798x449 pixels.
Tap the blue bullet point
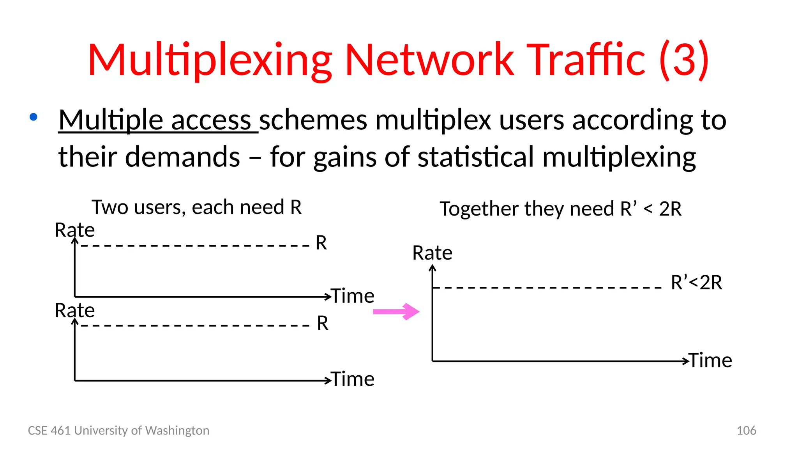point(34,117)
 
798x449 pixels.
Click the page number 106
point(746,430)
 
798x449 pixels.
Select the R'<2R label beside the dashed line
point(696,282)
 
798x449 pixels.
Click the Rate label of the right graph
point(432,253)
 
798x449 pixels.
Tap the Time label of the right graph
point(711,360)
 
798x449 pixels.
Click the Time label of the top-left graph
point(353,296)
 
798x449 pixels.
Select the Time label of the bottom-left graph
point(353,379)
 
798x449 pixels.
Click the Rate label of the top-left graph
point(74,230)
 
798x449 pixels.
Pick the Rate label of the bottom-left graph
point(74,311)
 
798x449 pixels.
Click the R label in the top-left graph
point(321,243)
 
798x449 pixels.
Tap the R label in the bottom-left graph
point(323,323)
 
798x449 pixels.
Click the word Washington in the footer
point(177,430)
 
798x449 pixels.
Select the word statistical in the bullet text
point(475,157)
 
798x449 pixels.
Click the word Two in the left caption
point(109,207)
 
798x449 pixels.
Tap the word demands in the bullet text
point(182,157)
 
